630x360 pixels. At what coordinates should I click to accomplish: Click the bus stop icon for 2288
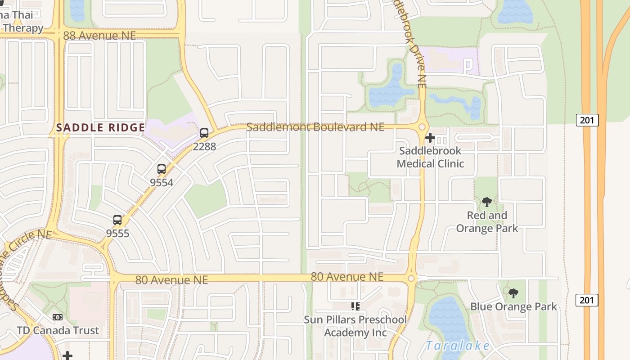[x=204, y=133]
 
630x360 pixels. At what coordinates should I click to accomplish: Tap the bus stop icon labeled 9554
[x=162, y=170]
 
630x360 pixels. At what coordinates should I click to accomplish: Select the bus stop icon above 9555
[x=117, y=220]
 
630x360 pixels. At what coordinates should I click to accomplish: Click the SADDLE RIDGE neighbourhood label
[x=101, y=128]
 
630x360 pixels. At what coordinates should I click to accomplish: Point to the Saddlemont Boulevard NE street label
[x=315, y=127]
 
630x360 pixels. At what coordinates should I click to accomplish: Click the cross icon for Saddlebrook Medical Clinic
[x=430, y=138]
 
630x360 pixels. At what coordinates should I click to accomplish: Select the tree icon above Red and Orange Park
[x=486, y=202]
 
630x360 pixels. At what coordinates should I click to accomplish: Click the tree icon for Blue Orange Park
[x=513, y=294]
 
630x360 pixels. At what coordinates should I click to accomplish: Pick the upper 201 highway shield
[x=587, y=120]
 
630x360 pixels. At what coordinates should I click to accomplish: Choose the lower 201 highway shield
[x=587, y=300]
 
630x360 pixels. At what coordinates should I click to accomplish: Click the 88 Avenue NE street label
[x=99, y=36]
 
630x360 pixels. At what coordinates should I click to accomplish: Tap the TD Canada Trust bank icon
[x=58, y=317]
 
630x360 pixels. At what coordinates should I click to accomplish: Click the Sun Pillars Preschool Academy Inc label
[x=355, y=326]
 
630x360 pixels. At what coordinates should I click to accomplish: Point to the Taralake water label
[x=458, y=346]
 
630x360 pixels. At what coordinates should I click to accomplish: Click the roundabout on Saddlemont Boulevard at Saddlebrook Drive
[x=422, y=127]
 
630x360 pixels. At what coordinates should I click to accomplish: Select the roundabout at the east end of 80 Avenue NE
[x=411, y=279]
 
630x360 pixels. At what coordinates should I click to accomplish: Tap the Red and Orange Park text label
[x=487, y=222]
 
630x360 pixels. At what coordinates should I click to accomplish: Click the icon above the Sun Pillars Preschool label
[x=355, y=306]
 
